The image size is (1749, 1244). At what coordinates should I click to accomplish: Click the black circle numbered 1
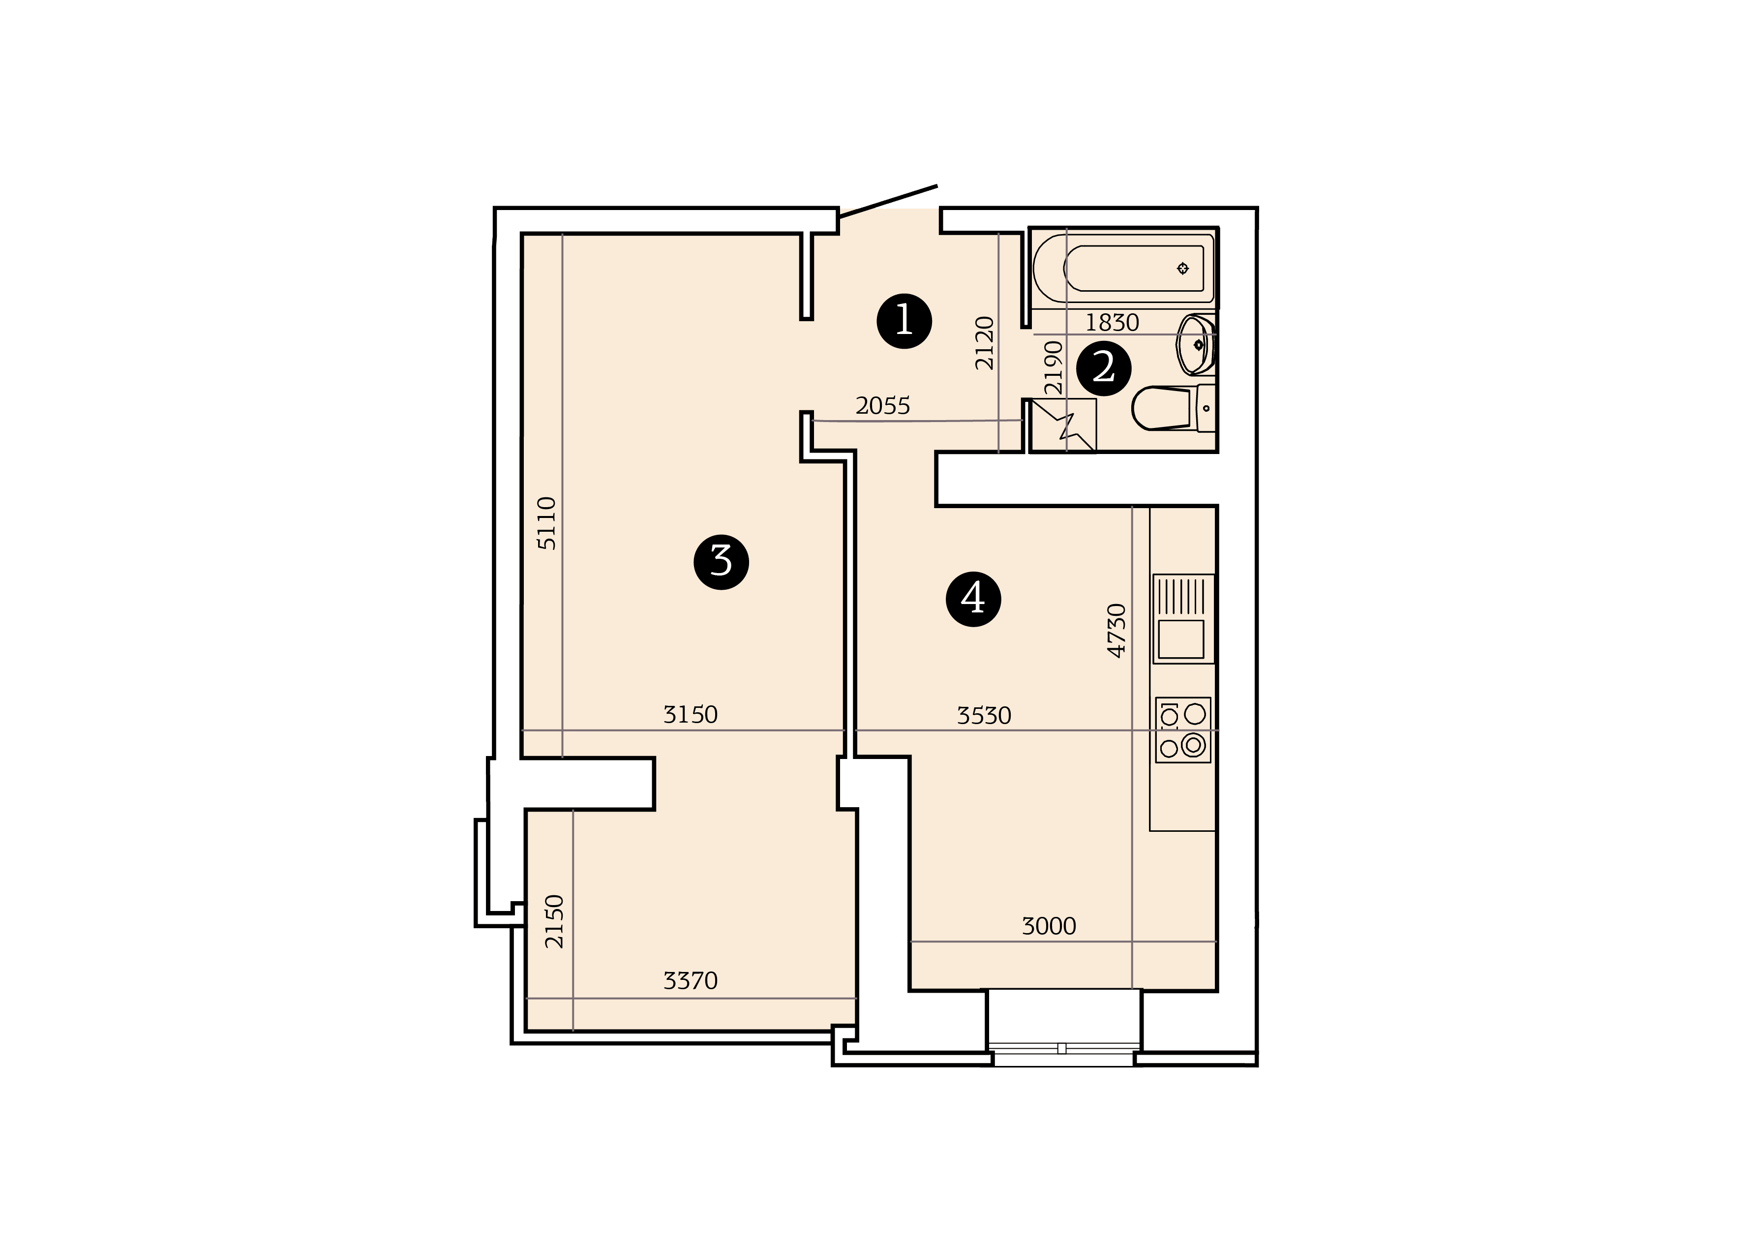(905, 321)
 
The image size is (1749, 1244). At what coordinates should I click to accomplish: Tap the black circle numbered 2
(1104, 368)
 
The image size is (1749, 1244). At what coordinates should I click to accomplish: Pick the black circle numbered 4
(973, 599)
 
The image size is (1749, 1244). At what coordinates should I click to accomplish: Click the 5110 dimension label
(547, 523)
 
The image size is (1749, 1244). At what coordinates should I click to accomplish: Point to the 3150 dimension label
(690, 715)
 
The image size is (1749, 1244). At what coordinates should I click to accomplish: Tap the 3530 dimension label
(984, 715)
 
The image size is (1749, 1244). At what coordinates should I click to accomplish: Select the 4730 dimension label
(1117, 631)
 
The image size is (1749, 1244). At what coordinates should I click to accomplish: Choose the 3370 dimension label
(690, 980)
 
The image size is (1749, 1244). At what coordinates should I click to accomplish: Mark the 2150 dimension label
(554, 921)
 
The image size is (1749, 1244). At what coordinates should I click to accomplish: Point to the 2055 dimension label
(883, 406)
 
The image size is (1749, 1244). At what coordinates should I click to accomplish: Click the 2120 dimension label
(984, 343)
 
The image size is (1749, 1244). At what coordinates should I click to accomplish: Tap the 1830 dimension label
(1112, 323)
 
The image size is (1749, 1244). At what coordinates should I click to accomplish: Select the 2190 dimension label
(1054, 367)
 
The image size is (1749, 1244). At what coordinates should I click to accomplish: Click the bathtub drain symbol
(1182, 268)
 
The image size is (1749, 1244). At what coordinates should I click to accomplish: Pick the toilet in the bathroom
(1173, 408)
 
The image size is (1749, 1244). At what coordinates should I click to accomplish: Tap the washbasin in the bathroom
(1195, 345)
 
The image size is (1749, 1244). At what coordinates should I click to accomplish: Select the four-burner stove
(1183, 730)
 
